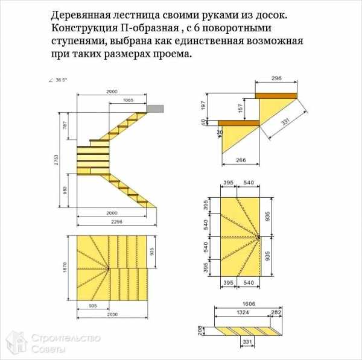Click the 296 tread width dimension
point(276,79)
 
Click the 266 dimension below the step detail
point(240,160)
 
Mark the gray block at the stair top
point(155,108)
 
